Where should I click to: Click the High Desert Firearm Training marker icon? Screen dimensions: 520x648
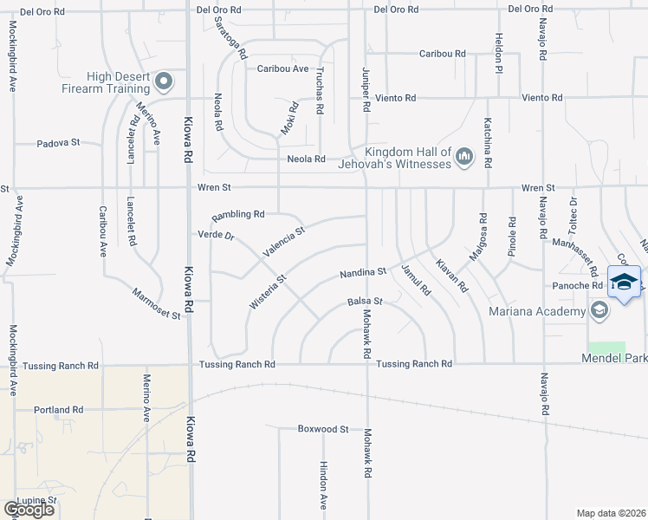click(x=165, y=81)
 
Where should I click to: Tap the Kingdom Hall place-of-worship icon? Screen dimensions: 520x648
click(x=464, y=156)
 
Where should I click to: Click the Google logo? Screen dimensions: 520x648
click(x=29, y=509)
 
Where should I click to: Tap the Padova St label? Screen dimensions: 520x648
click(x=58, y=142)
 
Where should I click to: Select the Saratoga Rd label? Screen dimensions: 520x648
click(x=230, y=37)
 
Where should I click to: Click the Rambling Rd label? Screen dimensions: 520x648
click(x=238, y=214)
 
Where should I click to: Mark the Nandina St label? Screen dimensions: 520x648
click(x=362, y=272)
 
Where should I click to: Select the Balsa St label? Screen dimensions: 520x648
click(x=365, y=302)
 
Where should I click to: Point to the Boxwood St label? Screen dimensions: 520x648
click(x=322, y=428)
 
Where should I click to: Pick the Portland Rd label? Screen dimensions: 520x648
click(x=58, y=409)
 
